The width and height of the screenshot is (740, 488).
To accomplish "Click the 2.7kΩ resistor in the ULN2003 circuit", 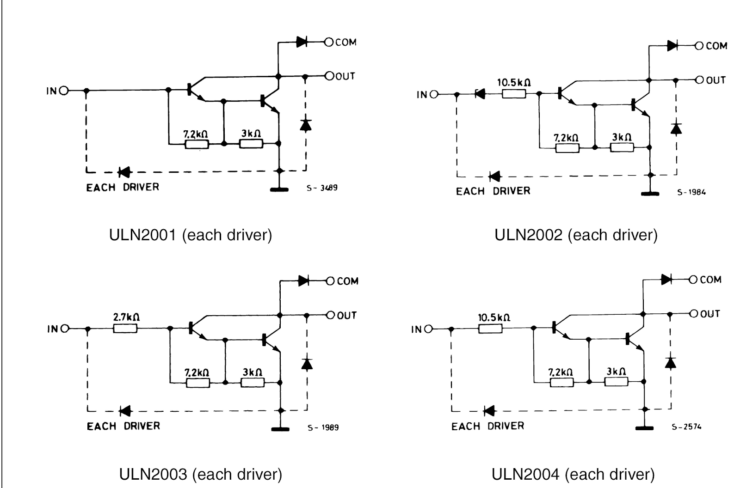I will coord(125,329).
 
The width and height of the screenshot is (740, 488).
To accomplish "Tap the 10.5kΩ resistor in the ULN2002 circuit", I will coord(514,94).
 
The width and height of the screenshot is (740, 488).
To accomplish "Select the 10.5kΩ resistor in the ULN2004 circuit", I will coord(490,329).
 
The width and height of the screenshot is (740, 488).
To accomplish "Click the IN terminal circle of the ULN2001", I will coord(63,91).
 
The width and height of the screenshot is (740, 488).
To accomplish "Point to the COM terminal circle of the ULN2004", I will coord(693,280).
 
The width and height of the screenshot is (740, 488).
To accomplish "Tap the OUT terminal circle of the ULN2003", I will coord(330,315).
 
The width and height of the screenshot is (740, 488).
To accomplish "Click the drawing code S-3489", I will coord(322,188).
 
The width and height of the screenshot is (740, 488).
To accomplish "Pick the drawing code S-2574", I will coord(686,427).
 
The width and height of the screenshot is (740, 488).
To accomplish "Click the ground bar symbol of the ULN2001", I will coord(279,189).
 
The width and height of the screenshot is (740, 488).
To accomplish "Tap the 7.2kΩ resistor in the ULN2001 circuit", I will coord(197,144).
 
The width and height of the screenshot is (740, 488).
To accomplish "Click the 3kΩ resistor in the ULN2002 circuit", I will coord(622,147).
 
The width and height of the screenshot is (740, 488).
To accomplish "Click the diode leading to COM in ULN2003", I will coord(303,281).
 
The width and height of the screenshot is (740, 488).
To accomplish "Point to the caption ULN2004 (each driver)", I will coord(573,474).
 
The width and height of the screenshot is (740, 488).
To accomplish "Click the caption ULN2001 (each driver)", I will coord(191,235).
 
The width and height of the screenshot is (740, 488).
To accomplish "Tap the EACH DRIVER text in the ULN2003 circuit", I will coord(123,426).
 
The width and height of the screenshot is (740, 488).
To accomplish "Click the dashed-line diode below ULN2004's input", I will coord(489,411).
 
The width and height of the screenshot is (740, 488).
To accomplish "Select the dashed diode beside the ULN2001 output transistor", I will coord(305,125).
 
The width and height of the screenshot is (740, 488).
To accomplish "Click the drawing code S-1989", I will coord(323,427).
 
